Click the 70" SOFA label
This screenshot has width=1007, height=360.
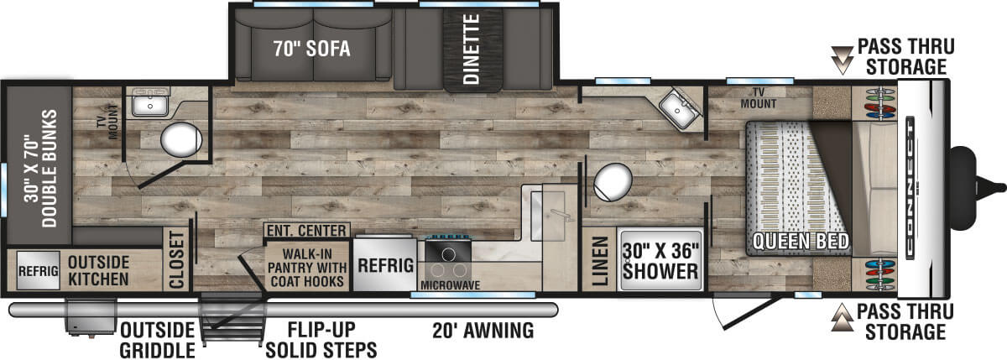pyautogui.click(x=310, y=49)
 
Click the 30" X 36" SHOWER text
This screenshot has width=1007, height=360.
pyautogui.click(x=660, y=260)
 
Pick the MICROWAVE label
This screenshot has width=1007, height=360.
pyautogui.click(x=450, y=285)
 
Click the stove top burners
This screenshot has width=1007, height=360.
pyautogui.click(x=450, y=258)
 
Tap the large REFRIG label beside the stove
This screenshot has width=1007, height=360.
pyautogui.click(x=386, y=265)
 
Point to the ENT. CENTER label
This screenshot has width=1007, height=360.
pyautogui.click(x=305, y=231)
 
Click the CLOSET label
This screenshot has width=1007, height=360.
pyautogui.click(x=177, y=260)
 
